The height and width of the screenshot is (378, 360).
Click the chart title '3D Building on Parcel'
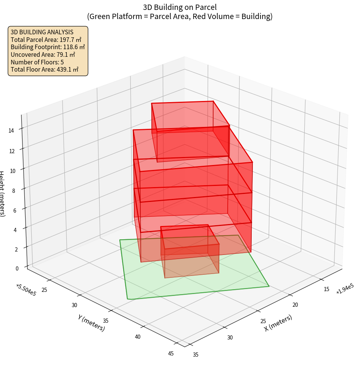[180, 7]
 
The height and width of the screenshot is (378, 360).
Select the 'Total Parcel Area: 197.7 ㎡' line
[46, 39]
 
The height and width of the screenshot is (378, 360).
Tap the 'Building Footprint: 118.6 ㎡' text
[48, 47]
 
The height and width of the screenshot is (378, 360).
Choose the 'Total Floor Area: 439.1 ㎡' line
[45, 69]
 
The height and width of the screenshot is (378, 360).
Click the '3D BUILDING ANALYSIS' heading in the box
[42, 32]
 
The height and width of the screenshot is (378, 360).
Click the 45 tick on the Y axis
[170, 353]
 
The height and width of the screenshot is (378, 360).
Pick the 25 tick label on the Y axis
[44, 290]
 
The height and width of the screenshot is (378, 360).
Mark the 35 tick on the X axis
[196, 355]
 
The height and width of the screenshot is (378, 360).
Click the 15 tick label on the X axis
[326, 289]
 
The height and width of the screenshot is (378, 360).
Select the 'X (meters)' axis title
[278, 323]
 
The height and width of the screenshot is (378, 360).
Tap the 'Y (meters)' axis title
[91, 323]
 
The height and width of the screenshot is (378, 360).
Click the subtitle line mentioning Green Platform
[180, 16]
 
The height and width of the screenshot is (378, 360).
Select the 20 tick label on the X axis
[295, 305]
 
